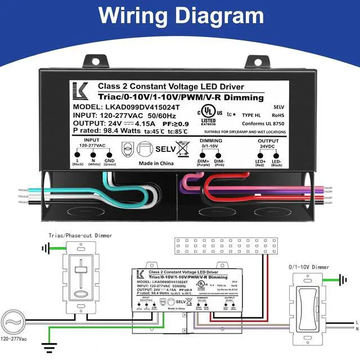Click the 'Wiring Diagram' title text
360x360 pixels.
click(x=180, y=15)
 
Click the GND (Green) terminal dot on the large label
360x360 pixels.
click(x=109, y=154)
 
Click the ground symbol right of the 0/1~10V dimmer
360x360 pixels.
click(x=344, y=277)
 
